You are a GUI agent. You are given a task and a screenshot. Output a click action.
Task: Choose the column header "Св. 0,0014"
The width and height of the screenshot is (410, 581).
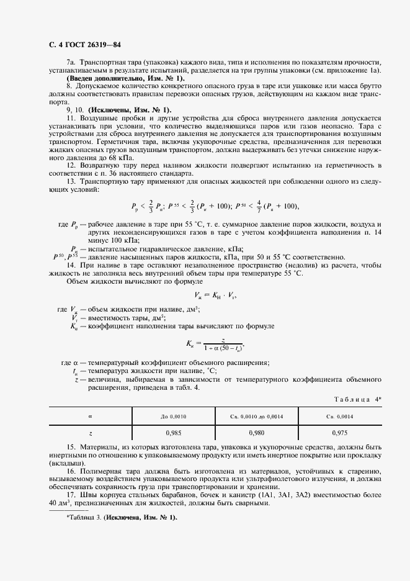coord(339,416)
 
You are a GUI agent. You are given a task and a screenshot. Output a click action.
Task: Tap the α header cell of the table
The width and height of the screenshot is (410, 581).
coord(91,416)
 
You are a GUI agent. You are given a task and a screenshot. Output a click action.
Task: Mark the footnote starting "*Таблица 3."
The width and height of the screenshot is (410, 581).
coord(122,517)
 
